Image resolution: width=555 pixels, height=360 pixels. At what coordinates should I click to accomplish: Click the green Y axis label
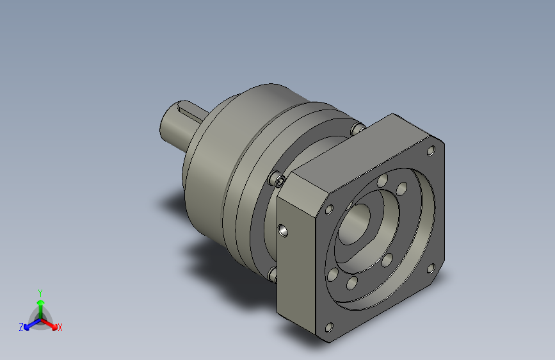click(40, 292)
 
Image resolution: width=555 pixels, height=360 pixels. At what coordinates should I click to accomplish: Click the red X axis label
click(60, 328)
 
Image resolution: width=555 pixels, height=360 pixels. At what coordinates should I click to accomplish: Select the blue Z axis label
click(21, 327)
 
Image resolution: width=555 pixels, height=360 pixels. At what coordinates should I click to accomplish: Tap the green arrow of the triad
click(40, 303)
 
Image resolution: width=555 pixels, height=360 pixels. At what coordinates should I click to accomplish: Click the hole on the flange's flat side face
click(282, 229)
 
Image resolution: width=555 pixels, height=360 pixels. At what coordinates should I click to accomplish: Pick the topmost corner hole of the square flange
click(431, 151)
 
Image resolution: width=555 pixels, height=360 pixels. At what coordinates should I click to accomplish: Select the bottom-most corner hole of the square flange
click(329, 327)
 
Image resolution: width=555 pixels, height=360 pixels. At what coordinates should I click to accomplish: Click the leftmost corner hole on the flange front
click(330, 209)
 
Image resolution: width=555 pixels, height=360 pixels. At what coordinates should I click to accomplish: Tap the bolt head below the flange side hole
click(273, 274)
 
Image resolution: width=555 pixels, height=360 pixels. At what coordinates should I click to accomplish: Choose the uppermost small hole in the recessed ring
click(382, 181)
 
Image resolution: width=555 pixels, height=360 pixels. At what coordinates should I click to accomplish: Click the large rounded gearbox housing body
click(218, 167)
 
